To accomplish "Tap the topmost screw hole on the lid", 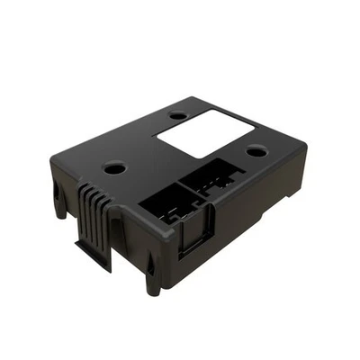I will click(x=177, y=115).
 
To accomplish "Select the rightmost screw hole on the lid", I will click(x=256, y=150).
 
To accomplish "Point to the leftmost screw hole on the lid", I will click(x=114, y=167).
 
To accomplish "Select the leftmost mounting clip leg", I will click(x=59, y=202).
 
